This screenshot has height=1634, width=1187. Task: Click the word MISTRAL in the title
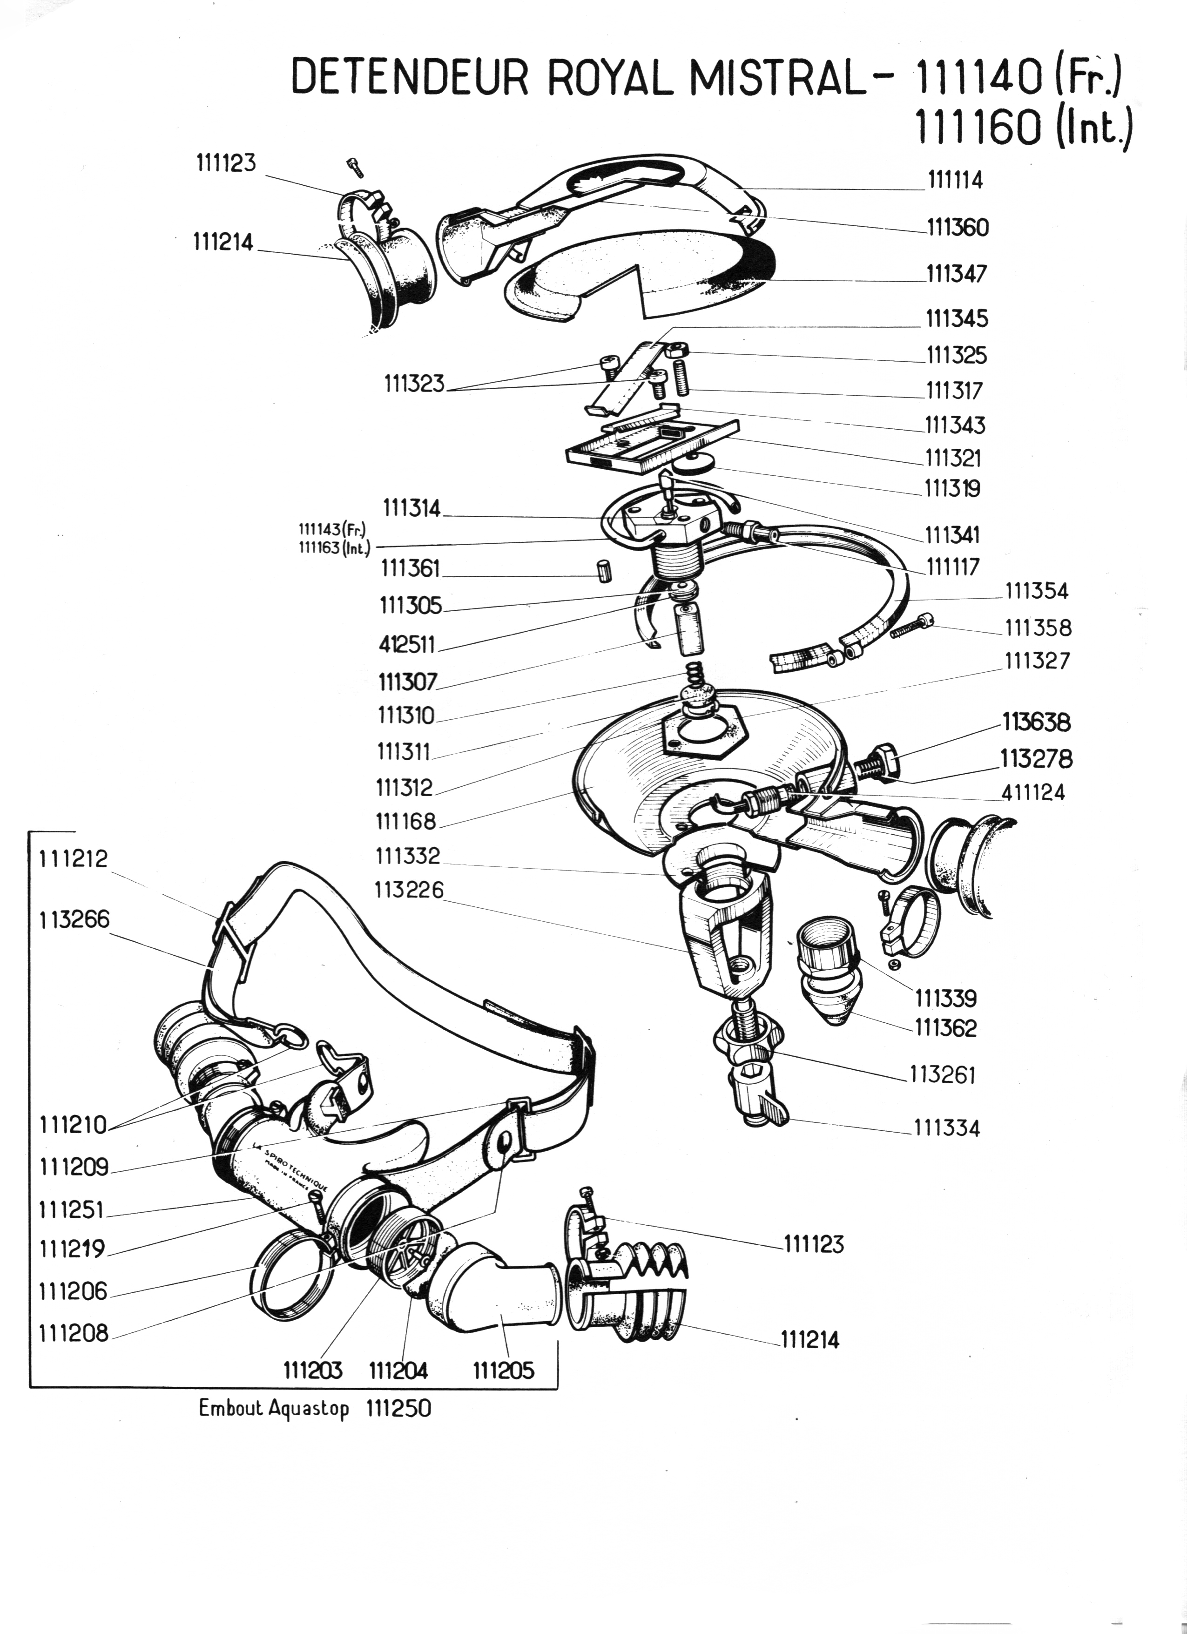[x=778, y=78]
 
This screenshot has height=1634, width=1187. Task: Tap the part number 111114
[x=954, y=180]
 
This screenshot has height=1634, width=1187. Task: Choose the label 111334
[x=946, y=1128]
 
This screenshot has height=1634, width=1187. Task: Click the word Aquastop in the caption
[x=308, y=1409]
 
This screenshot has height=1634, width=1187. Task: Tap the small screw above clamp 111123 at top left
[x=354, y=167]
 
